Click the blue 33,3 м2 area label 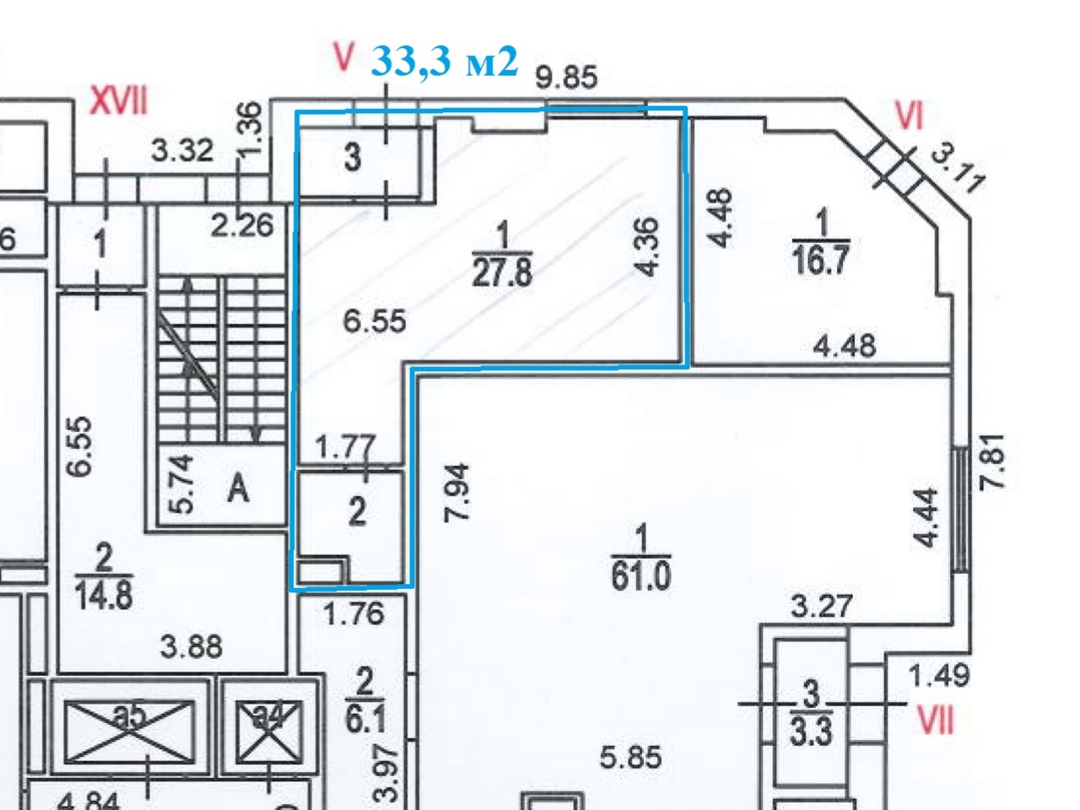444,61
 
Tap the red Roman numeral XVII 118,103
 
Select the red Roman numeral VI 908,116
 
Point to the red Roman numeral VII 936,721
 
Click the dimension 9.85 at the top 566,78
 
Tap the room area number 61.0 641,577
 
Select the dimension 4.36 646,247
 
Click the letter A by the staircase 240,487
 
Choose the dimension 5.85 630,757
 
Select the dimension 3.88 192,647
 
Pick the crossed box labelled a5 129,726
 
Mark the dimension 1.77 344,447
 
